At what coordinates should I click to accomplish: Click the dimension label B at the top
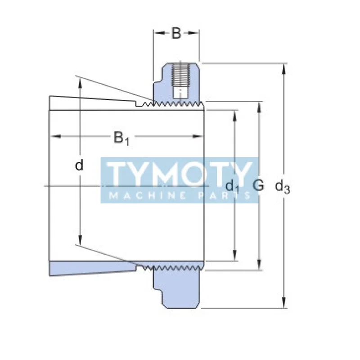coord(176,33)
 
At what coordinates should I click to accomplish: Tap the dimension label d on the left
coord(79,166)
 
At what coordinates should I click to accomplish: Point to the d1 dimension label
coord(232,185)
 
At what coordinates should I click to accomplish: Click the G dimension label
coord(258,184)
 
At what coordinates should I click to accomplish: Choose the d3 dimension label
coord(283,185)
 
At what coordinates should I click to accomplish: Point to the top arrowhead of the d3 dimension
coord(284,68)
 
